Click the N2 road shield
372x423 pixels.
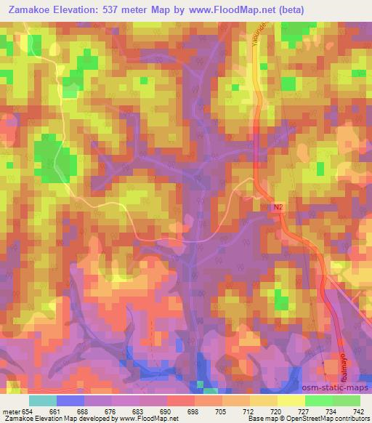(278, 208)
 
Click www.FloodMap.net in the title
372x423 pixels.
(228, 9)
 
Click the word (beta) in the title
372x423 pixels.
(288, 9)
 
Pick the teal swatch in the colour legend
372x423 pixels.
(43, 401)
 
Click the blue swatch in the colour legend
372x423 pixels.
(70, 401)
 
